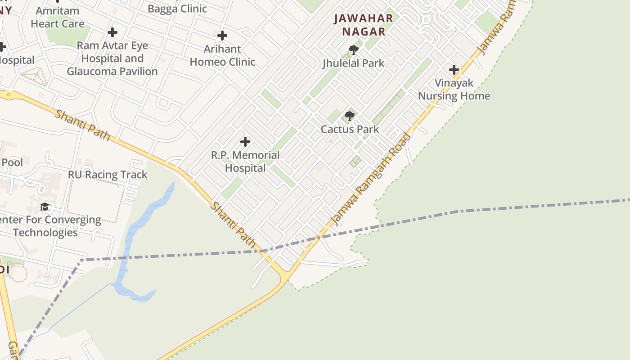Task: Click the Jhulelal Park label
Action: (354, 63)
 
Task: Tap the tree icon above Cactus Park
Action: (349, 116)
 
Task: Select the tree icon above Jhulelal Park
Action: (354, 49)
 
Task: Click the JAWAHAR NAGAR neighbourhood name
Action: (364, 25)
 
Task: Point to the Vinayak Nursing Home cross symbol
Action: (454, 70)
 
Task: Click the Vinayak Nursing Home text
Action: (454, 90)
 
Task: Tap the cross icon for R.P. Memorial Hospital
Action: (245, 142)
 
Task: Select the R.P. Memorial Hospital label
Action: (245, 162)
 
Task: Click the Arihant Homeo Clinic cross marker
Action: (222, 36)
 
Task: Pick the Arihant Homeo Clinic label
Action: (222, 55)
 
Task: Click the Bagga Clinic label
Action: (177, 9)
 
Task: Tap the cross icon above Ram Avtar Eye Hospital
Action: (112, 32)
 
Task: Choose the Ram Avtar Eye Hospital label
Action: (112, 58)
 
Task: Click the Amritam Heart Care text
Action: (58, 17)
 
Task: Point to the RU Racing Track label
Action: (108, 175)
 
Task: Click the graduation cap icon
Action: (45, 207)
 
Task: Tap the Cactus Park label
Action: (350, 129)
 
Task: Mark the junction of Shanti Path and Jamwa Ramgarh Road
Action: (285, 273)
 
